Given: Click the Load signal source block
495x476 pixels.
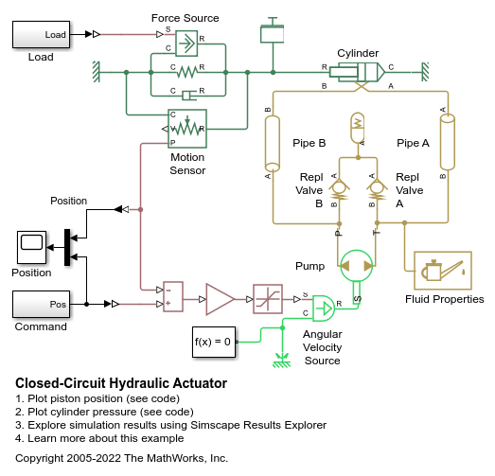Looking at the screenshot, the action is [41, 34].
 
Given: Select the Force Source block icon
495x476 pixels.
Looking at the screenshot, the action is [186, 44].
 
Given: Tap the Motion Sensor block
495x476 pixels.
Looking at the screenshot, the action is [186, 129].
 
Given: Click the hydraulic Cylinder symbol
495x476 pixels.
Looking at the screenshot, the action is [357, 72].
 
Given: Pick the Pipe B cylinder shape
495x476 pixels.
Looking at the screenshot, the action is [273, 144].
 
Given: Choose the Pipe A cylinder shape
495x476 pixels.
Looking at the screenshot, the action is [448, 142].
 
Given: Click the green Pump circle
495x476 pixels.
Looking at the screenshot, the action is [357, 266].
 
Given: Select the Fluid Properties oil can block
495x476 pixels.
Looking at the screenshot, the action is [443, 271].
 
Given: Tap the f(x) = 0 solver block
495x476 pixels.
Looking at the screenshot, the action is [214, 342].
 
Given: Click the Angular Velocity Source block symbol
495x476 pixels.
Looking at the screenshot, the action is [324, 309].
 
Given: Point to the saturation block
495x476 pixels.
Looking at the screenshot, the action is [268, 299].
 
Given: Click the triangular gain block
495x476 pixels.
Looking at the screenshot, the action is [220, 299].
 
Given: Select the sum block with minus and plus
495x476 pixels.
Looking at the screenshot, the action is [173, 297].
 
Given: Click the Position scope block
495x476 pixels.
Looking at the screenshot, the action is [31, 247].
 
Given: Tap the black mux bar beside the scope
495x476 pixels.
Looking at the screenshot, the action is [67, 247].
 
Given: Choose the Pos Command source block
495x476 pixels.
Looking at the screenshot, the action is [41, 304].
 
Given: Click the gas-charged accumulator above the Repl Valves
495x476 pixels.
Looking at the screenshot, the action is [358, 128].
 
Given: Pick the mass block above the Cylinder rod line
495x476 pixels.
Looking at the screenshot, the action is [273, 34].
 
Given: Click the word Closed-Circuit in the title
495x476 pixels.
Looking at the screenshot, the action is [61, 383].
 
